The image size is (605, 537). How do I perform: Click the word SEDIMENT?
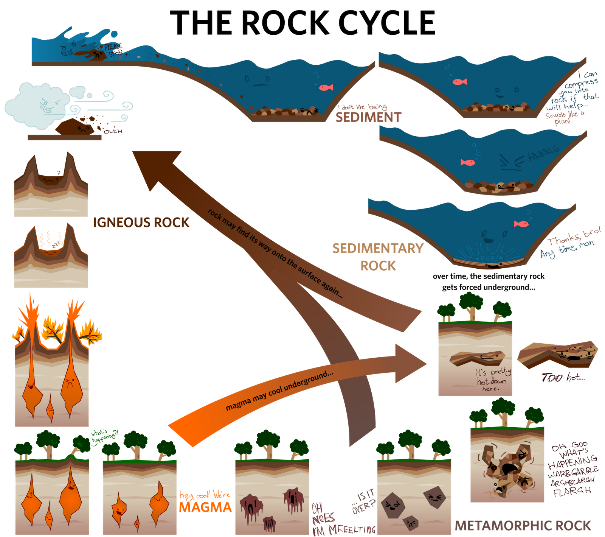click(x=368, y=117)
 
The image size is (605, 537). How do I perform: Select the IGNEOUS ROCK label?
click(x=141, y=222)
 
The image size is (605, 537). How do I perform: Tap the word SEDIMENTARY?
click(x=378, y=248)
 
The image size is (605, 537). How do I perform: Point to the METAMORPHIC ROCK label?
click(x=523, y=526)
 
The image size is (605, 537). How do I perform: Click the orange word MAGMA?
click(x=205, y=507)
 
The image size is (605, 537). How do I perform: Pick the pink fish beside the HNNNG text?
click(x=468, y=162)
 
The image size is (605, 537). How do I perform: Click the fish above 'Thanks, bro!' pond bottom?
click(x=521, y=224)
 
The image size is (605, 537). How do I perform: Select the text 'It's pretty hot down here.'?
click(x=493, y=380)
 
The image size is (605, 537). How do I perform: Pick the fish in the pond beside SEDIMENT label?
click(x=326, y=88)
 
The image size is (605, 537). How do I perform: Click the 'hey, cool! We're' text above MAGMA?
click(x=205, y=495)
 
